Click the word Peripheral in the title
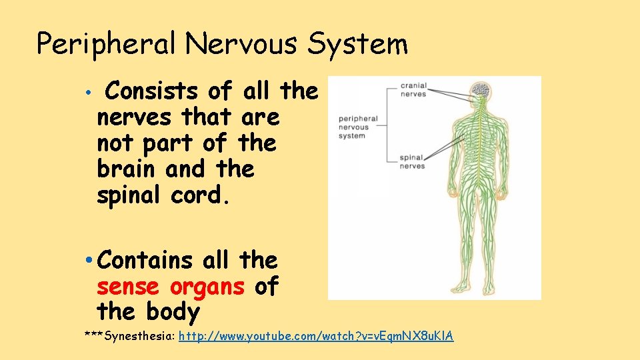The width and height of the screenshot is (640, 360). [x=107, y=45]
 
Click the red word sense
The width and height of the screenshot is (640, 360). [x=127, y=287]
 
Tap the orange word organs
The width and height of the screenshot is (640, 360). [x=209, y=287]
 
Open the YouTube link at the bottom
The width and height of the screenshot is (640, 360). [x=316, y=337]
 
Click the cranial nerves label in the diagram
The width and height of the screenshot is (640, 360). [x=413, y=89]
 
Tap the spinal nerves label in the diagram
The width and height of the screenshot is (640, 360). [x=412, y=162]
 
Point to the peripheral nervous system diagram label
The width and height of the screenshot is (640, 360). [x=358, y=127]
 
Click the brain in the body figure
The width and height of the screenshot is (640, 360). [x=479, y=89]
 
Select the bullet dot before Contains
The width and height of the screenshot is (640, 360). [x=89, y=261]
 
